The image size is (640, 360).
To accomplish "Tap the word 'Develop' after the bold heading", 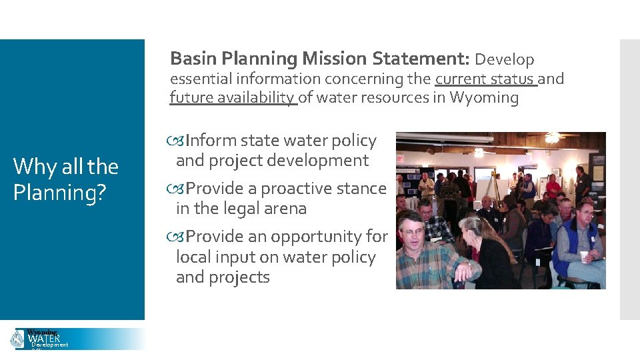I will click(x=505, y=60).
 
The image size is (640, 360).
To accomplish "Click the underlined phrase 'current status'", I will click(x=485, y=79).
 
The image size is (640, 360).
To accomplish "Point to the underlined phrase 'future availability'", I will click(x=233, y=98).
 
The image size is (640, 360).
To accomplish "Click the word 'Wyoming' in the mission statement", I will click(x=484, y=98).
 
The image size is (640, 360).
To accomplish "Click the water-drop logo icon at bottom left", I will click(x=17, y=339).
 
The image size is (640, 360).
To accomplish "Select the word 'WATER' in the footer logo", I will click(x=44, y=339).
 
